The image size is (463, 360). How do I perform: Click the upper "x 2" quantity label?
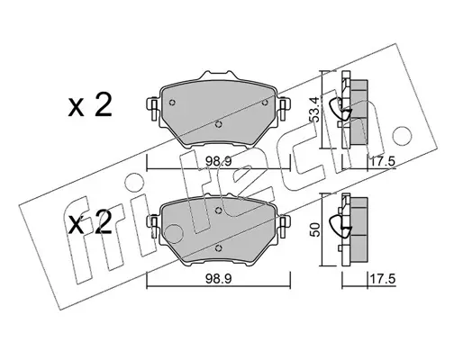(x=90, y=104)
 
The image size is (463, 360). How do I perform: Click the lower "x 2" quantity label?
(x=90, y=221)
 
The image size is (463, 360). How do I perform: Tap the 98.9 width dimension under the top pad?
(x=218, y=162)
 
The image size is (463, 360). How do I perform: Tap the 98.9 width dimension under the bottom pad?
(x=218, y=279)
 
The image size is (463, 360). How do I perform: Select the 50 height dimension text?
(x=315, y=229)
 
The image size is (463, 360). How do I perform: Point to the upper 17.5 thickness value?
(x=382, y=162)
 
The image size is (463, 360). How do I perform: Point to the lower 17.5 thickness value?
(x=382, y=279)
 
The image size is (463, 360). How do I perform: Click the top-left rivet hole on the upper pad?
(x=172, y=103)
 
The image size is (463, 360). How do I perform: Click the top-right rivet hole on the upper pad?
(x=265, y=103)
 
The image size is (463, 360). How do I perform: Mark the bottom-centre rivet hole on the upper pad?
(x=219, y=124)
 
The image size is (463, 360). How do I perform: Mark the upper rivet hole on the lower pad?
(x=219, y=211)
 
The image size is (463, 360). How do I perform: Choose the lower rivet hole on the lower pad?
(x=219, y=248)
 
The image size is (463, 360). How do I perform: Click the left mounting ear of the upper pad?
(x=153, y=109)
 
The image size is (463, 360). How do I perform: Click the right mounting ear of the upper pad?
(x=283, y=109)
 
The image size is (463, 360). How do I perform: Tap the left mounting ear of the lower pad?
(x=153, y=226)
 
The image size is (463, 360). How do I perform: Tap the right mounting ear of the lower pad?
(x=283, y=226)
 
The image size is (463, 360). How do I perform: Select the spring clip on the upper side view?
(x=340, y=109)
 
